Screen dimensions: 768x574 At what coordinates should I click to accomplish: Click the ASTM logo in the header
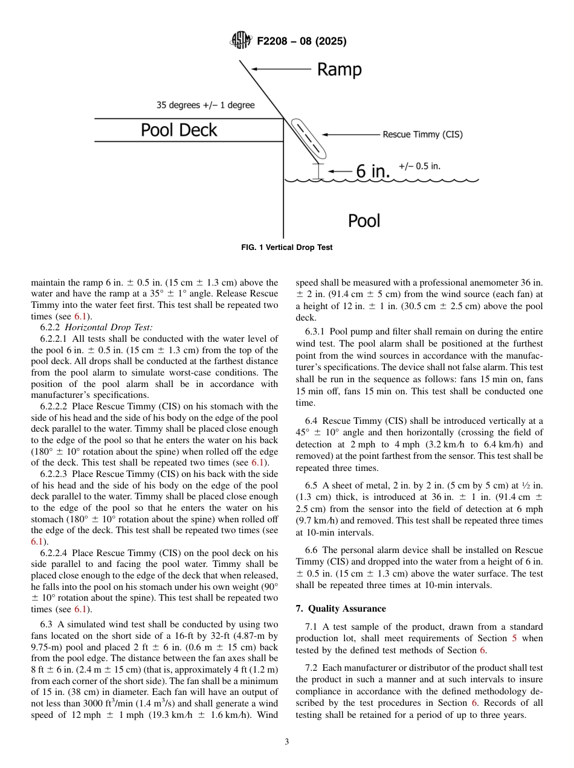pyautogui.click(x=241, y=41)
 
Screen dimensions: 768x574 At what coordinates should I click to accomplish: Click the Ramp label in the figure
pyautogui.click(x=339, y=70)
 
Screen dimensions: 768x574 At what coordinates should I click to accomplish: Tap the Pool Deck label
pyautogui.click(x=179, y=130)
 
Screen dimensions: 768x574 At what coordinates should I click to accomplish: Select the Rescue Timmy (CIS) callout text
pyautogui.click(x=422, y=135)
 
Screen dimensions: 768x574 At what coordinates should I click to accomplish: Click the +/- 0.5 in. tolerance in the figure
pyautogui.click(x=419, y=166)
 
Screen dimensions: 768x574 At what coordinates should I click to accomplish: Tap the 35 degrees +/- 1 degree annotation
pyautogui.click(x=205, y=105)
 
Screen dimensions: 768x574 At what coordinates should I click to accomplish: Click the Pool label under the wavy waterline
pyautogui.click(x=364, y=221)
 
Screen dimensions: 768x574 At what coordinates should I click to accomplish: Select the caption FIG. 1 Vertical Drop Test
pyautogui.click(x=286, y=248)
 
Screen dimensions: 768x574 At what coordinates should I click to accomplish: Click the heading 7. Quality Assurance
pyautogui.click(x=341, y=609)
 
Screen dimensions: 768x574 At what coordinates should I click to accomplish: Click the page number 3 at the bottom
pyautogui.click(x=286, y=742)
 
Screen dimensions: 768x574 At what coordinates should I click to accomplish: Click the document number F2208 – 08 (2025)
pyautogui.click(x=302, y=42)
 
